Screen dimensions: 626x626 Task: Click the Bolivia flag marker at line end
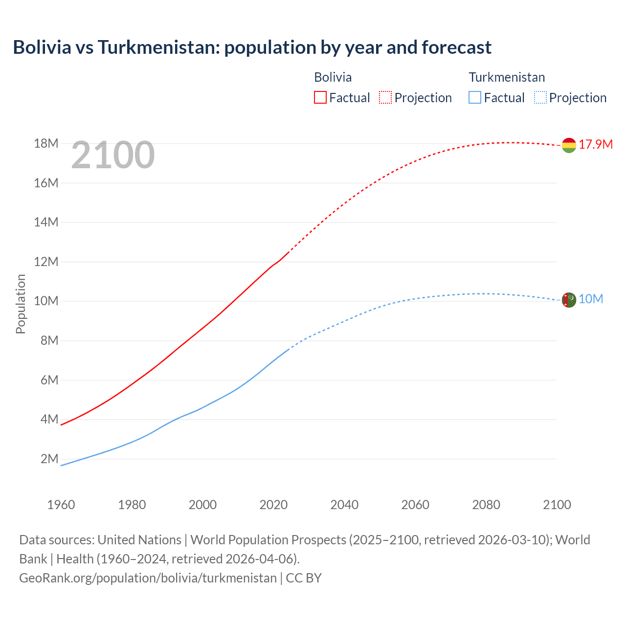pos(569,145)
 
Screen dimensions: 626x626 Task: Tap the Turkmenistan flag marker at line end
pos(569,300)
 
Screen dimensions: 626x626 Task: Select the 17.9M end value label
pos(596,144)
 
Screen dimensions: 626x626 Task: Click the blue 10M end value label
pos(591,299)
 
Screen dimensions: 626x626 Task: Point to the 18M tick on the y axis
pos(46,143)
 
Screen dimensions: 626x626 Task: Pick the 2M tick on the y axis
pos(49,459)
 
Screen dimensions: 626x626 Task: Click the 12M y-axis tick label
pos(46,262)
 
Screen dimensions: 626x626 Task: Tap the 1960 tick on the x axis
pos(61,505)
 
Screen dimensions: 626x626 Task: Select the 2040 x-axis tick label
pos(344,505)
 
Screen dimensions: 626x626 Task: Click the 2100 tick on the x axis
pos(557,505)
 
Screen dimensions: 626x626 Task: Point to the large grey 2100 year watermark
pos(113,156)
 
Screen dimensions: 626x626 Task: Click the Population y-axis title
pos(21,304)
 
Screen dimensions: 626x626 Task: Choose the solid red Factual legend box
pos(320,97)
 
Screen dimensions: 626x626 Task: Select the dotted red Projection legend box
pos(385,97)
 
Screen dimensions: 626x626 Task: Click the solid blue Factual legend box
pos(475,97)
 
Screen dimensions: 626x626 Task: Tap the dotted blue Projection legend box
pos(540,97)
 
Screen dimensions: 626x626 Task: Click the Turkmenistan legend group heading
pos(507,77)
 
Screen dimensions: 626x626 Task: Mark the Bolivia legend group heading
pos(333,77)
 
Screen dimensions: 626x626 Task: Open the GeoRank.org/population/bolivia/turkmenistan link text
pos(148,578)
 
